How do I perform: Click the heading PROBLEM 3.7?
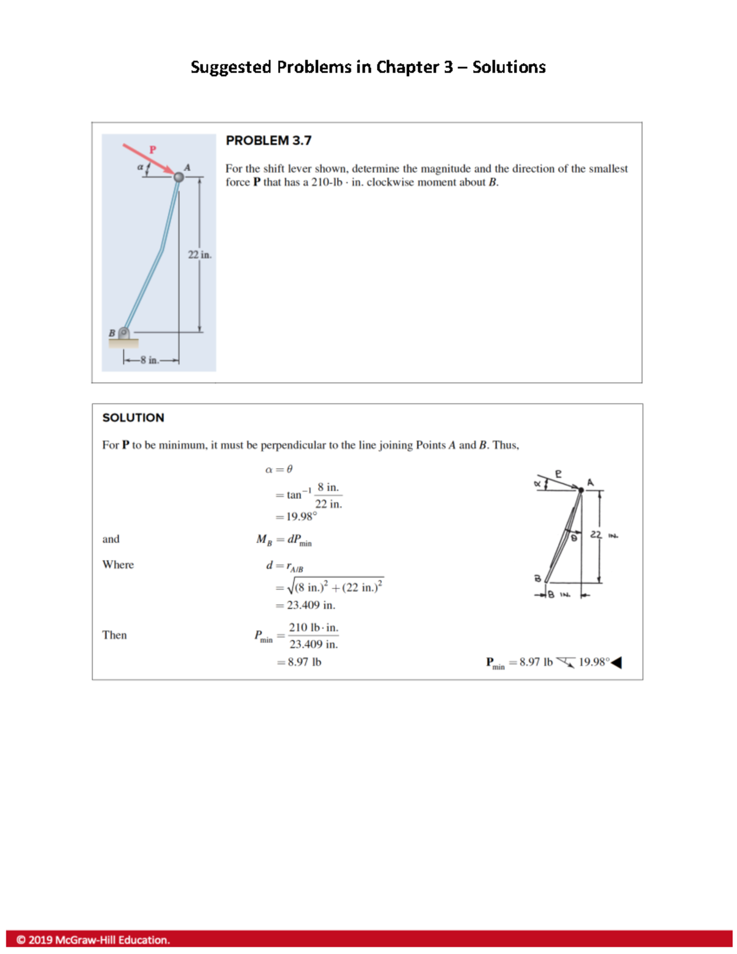click(x=268, y=141)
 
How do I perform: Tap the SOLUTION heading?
click(x=133, y=418)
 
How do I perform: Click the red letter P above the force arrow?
click(x=153, y=149)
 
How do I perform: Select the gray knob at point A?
click(x=179, y=177)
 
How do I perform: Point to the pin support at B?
click(x=123, y=333)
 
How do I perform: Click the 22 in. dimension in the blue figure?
click(x=200, y=255)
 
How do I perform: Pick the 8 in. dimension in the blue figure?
click(x=149, y=360)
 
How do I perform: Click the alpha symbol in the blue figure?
click(x=140, y=166)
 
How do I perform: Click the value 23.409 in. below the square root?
click(x=311, y=605)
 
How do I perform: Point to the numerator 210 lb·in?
click(x=313, y=628)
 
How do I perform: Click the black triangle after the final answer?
click(x=617, y=662)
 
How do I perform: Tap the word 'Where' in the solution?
click(x=118, y=565)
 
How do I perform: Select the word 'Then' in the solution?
click(x=115, y=635)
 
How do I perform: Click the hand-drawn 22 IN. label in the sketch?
click(x=604, y=535)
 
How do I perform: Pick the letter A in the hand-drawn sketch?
click(x=590, y=483)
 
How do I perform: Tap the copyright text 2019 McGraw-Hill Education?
click(x=93, y=940)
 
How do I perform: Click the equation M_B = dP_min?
click(x=284, y=540)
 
